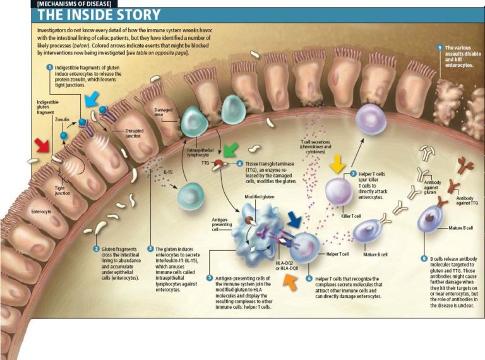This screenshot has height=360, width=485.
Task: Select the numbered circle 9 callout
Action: (440, 48)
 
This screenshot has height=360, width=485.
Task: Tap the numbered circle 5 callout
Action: (210, 277)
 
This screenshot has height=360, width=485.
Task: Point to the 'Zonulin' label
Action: (62, 119)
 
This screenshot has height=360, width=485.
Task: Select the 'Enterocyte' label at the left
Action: (41, 212)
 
